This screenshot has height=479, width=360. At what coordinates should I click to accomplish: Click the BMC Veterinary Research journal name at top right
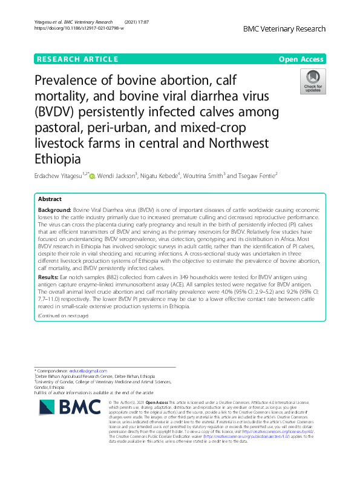tap(284, 28)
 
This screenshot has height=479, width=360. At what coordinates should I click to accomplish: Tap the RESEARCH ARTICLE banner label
tap(77, 59)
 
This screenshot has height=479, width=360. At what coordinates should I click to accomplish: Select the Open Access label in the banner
tap(302, 59)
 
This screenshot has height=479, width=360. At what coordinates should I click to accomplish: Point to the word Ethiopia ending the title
tap(58, 160)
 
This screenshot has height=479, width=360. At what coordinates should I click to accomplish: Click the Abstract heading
tap(50, 199)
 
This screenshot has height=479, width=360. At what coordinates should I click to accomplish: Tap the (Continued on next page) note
tap(62, 316)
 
